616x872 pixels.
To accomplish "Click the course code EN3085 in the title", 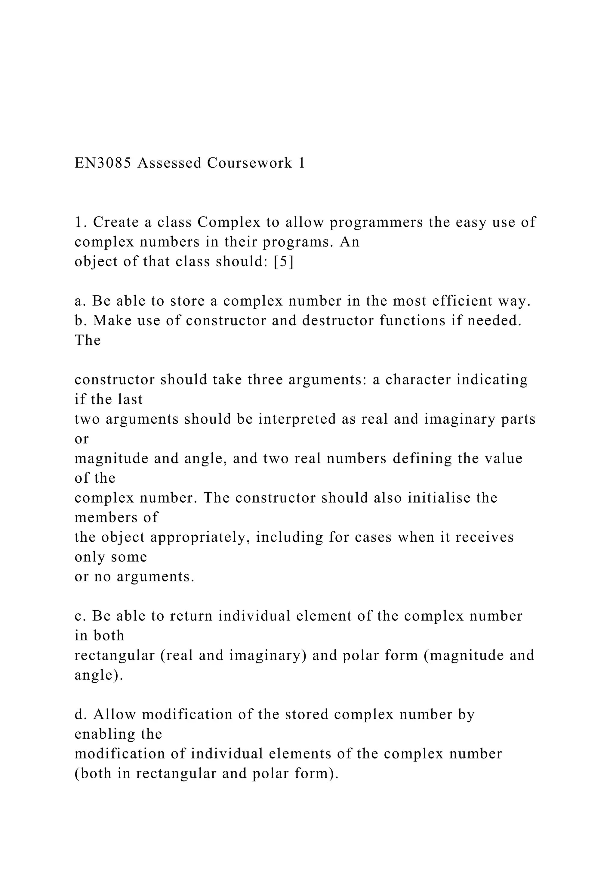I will (103, 163).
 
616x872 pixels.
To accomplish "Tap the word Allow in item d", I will (115, 715).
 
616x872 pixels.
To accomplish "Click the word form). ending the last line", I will (316, 774).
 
